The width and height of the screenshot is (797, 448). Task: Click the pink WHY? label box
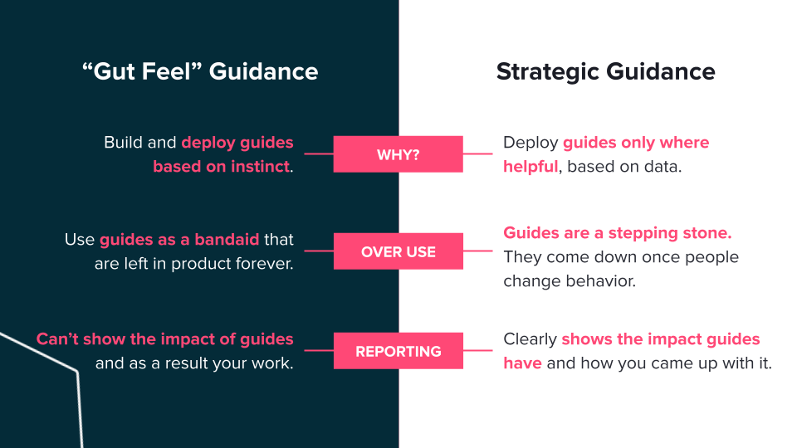coord(398,154)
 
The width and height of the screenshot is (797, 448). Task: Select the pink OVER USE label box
coord(398,251)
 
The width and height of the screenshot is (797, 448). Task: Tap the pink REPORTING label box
coord(398,350)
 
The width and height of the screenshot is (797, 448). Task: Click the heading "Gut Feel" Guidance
coord(200,71)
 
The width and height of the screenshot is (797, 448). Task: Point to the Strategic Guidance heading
coord(606,72)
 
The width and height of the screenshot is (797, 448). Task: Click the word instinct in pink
coord(260,166)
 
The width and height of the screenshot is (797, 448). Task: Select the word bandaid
coord(227,239)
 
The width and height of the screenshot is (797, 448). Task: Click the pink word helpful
coord(531,167)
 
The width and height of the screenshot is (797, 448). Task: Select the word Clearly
coord(531,339)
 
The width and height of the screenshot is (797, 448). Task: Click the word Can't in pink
coord(57,338)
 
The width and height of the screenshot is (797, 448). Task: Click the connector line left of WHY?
coord(319,153)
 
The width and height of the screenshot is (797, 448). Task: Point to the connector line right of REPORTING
coord(478,350)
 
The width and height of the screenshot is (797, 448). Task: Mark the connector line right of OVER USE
coord(478,251)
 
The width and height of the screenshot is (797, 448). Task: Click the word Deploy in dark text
coord(531,144)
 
